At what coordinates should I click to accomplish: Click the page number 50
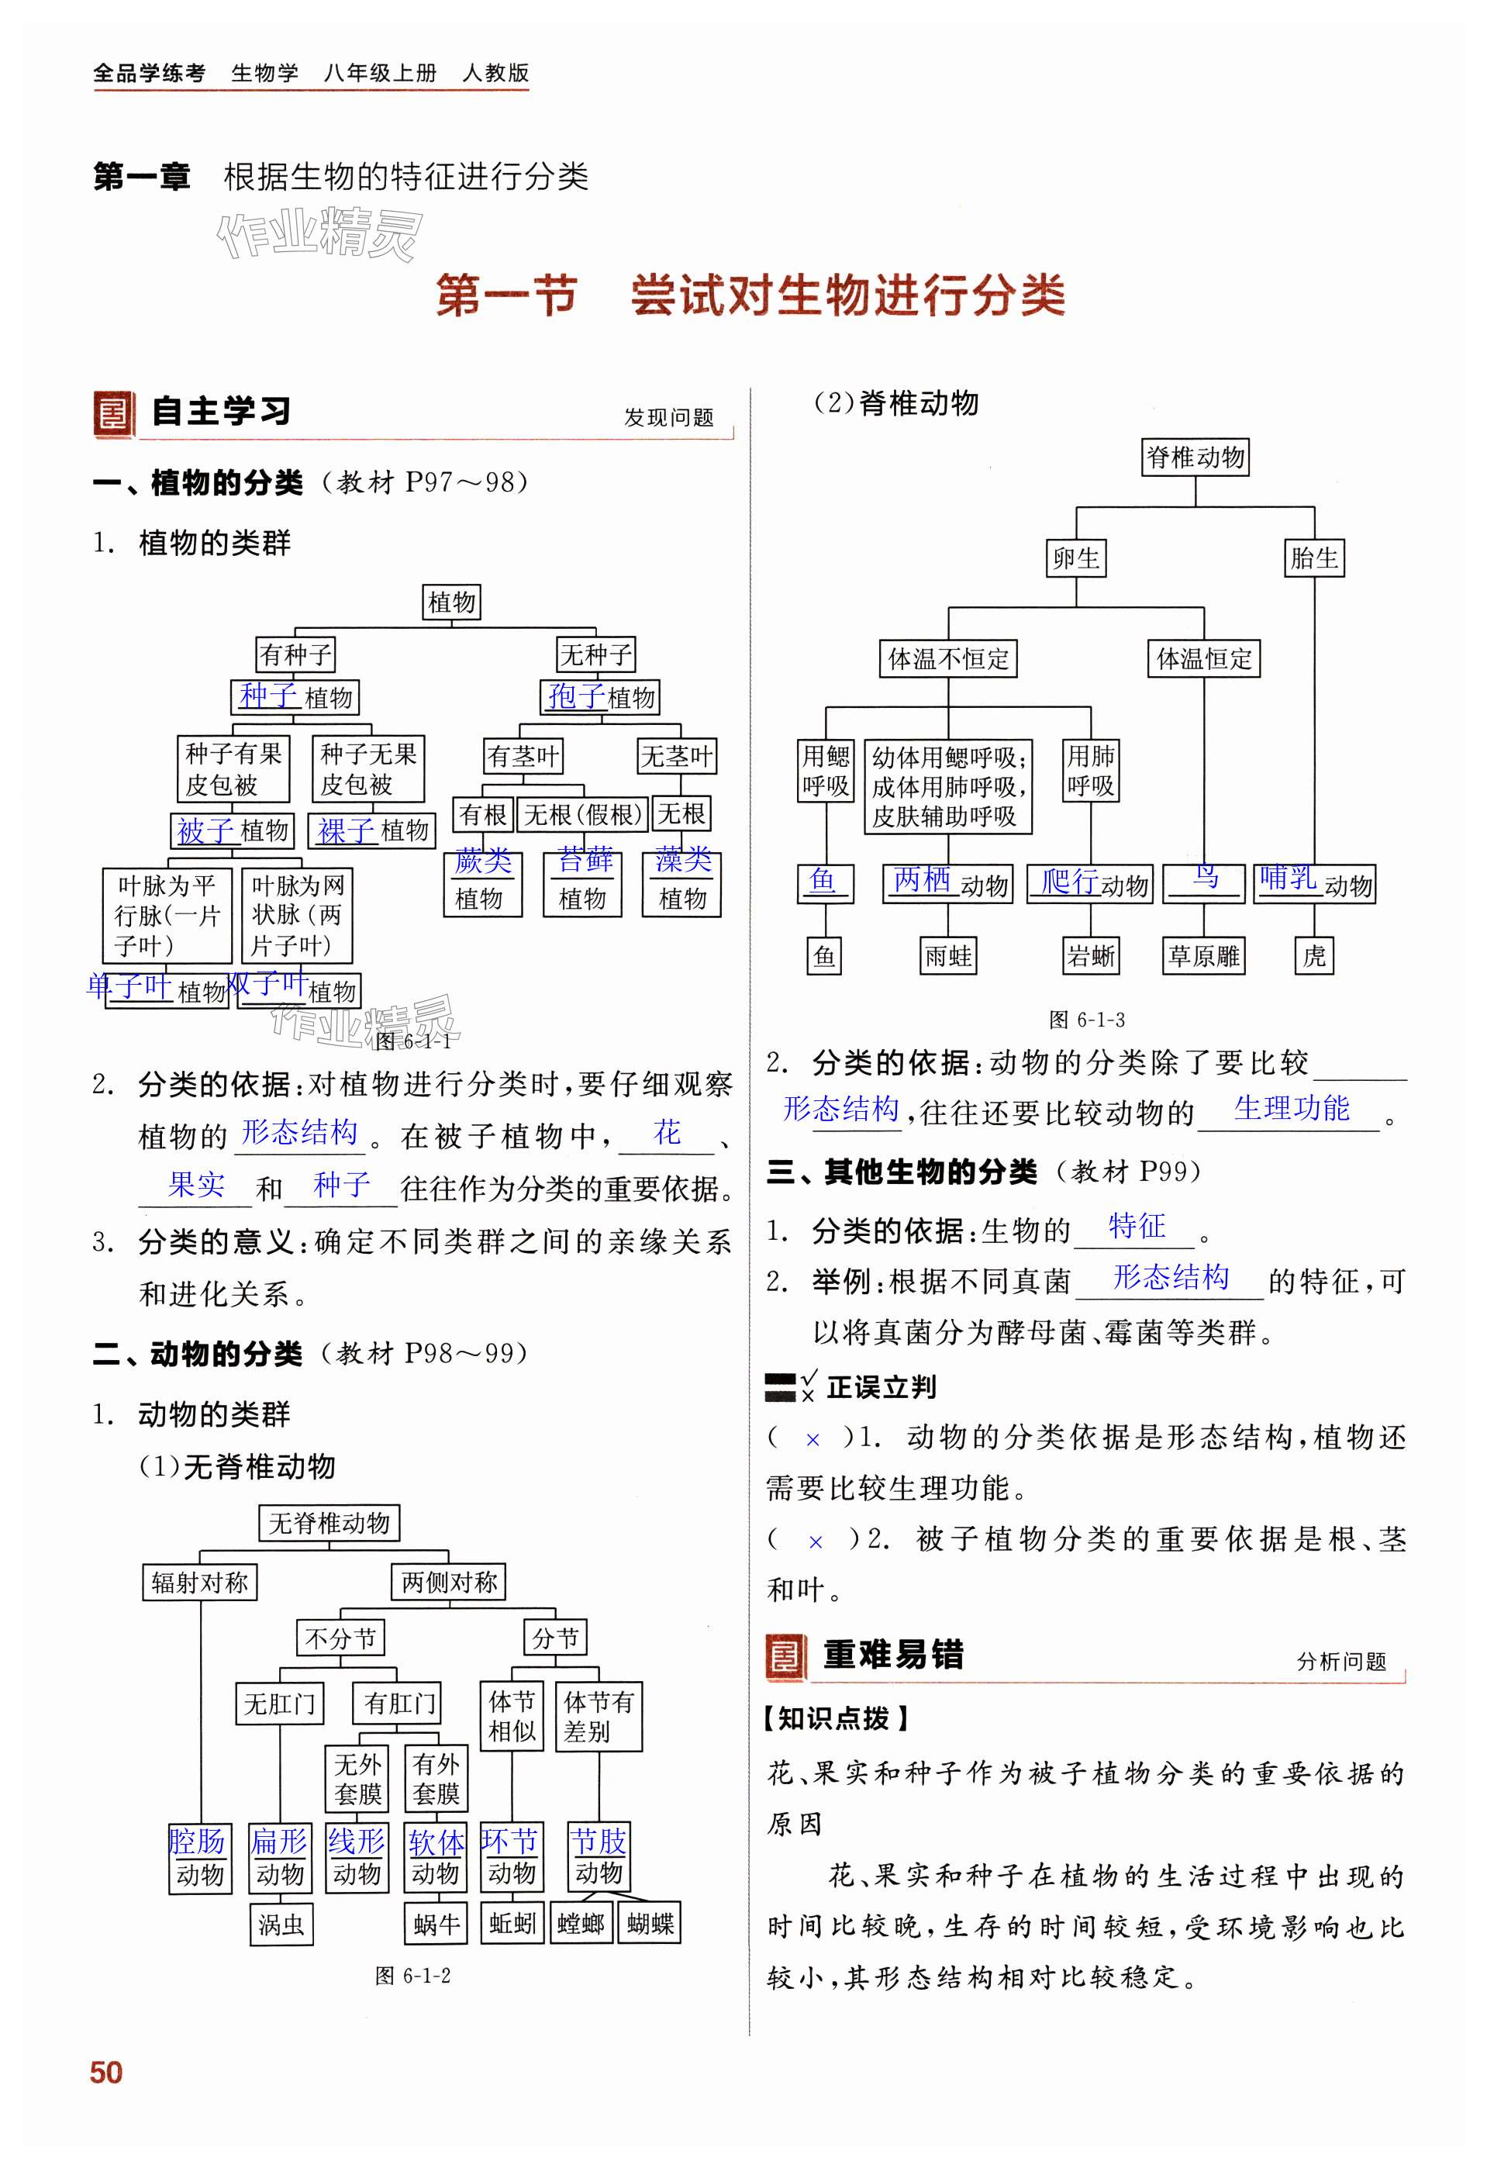106,2098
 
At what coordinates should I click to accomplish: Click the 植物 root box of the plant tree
451,602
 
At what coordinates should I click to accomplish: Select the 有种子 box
295,655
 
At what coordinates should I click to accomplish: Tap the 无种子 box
595,655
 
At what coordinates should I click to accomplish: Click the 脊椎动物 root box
1195,458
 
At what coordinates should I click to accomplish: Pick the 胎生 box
1313,559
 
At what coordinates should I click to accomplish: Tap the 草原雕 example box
1203,956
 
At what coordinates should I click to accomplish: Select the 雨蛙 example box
948,956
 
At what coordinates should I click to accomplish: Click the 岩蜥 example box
1091,956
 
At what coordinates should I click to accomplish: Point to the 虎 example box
1313,956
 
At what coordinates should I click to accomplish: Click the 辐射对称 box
199,1582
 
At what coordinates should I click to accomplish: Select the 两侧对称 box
449,1582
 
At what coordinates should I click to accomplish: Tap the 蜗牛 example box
436,1925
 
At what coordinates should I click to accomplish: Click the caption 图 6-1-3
1087,1020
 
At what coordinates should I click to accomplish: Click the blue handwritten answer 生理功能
1291,1108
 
